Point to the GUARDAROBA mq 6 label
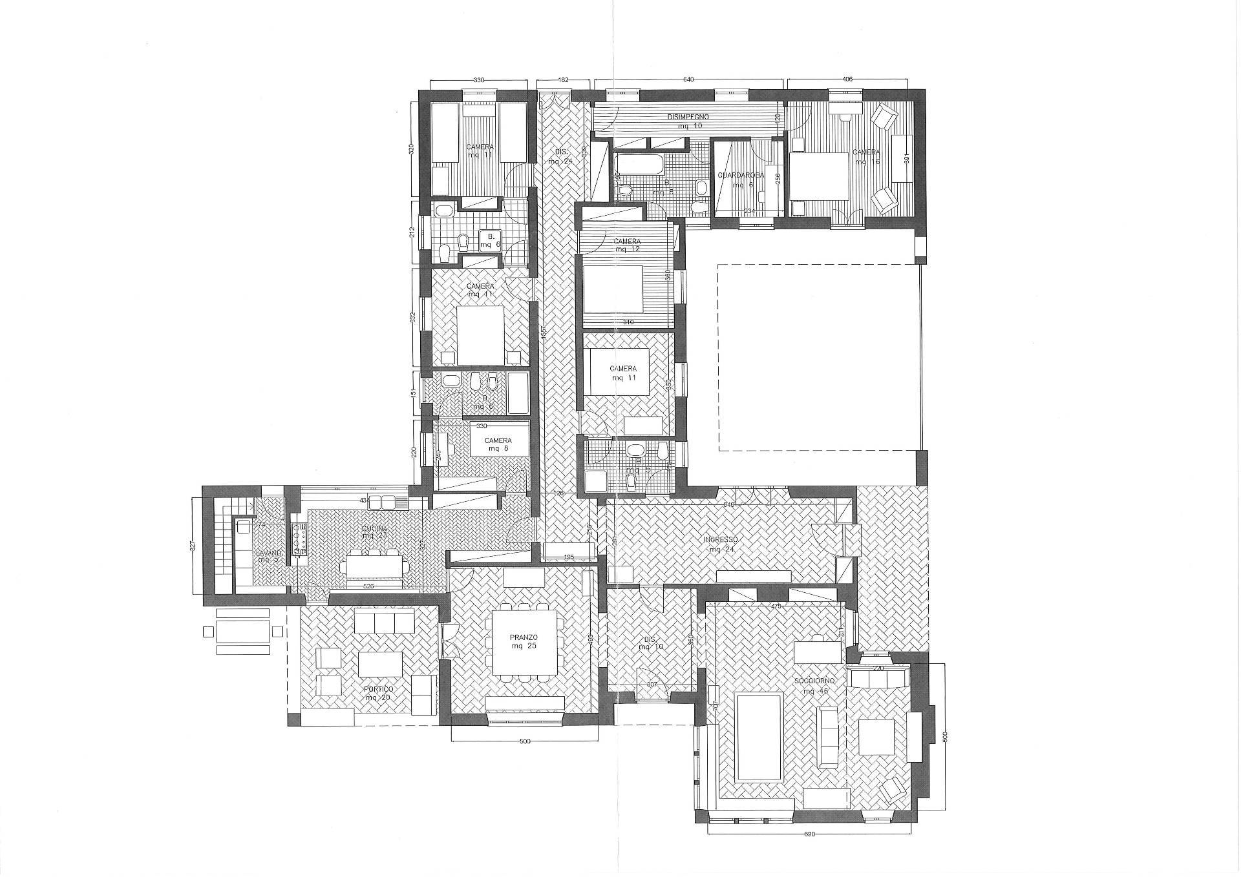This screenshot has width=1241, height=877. [741, 179]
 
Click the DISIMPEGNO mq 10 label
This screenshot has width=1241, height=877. [688, 121]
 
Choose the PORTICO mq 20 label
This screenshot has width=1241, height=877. [379, 694]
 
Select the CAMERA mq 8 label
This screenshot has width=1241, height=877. [498, 444]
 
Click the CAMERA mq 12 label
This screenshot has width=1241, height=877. [627, 245]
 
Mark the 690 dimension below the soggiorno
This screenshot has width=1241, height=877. [809, 834]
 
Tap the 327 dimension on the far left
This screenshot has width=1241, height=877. [192, 546]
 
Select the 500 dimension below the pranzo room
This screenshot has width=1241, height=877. [525, 741]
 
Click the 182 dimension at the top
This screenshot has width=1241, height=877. [563, 79]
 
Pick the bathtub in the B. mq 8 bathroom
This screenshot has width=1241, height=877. [638, 163]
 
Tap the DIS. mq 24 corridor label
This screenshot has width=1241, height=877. [556, 158]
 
